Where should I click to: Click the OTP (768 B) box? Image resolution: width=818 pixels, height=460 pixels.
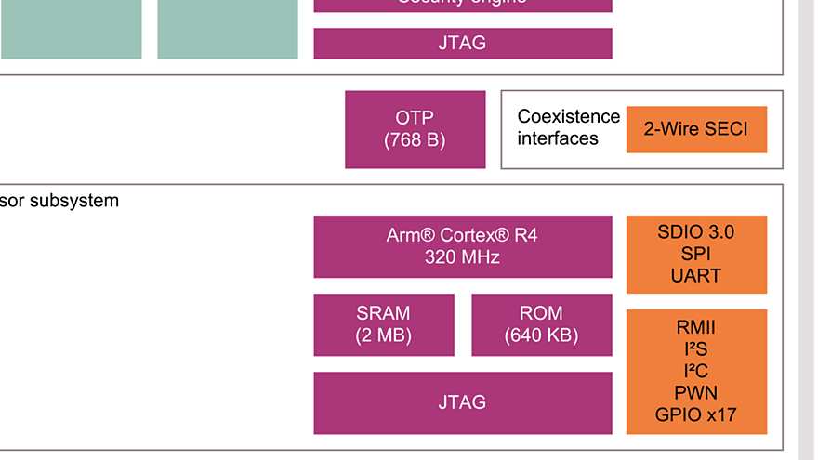(415, 129)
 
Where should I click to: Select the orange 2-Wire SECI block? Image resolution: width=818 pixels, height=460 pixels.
(696, 129)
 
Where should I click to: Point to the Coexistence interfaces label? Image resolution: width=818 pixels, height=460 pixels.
(568, 128)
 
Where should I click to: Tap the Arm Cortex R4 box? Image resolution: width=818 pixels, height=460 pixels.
(462, 246)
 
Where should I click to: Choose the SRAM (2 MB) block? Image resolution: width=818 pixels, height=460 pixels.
(383, 324)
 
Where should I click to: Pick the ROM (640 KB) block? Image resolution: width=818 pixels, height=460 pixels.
(541, 324)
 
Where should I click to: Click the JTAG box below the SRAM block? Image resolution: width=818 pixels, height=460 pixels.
(462, 402)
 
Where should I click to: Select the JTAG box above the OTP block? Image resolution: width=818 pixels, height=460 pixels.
(462, 44)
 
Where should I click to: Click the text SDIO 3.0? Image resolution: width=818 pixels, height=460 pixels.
(695, 232)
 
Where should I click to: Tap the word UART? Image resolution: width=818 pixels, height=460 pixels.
(695, 276)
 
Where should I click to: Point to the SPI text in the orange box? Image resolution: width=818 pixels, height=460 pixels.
(695, 254)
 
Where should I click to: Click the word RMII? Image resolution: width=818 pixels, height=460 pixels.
(695, 327)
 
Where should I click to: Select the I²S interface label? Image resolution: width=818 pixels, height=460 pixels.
(695, 349)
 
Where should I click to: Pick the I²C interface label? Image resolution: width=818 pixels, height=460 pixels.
(695, 371)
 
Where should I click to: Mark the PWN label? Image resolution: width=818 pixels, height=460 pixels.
(695, 392)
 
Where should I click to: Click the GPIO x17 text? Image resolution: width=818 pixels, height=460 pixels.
(695, 414)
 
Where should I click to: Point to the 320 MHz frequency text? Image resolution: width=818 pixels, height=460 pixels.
(462, 257)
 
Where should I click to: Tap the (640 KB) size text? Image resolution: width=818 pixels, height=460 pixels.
(541, 335)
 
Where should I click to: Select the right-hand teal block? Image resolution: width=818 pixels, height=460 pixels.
(228, 28)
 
